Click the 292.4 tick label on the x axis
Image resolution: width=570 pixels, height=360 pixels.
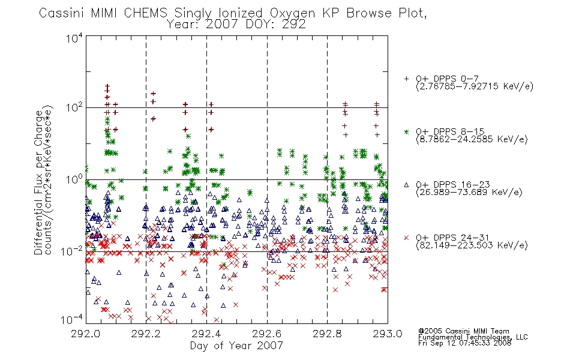pos(206,334)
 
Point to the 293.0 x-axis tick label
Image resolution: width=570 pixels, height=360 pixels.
pos(388,334)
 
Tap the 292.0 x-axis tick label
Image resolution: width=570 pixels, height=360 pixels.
pos(86,334)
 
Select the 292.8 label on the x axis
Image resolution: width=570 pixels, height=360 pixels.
pos(327,334)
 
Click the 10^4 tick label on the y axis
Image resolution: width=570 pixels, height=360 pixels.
pos(74,38)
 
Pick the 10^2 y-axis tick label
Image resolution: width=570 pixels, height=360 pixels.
pos(74,108)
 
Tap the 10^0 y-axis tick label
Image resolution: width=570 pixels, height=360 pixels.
pos(74,180)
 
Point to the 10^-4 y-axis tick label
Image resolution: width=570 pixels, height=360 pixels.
pos(72,320)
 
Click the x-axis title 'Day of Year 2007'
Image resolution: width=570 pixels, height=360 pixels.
pos(236,346)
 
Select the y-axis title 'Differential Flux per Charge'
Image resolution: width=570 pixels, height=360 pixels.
pos(39,183)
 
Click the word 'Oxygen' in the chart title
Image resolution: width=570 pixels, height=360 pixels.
pos(292,13)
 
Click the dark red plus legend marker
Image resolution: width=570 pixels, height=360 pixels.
pos(406,79)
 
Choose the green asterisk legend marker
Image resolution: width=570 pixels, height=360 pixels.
pos(406,131)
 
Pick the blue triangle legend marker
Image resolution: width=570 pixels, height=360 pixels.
pos(406,185)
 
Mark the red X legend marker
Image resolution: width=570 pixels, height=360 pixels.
pos(406,238)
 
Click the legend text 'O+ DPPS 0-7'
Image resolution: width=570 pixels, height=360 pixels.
pos(448,79)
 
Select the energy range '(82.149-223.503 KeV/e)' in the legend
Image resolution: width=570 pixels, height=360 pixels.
pos(472,245)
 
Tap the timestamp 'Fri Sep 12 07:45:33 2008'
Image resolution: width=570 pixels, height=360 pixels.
pos(464,343)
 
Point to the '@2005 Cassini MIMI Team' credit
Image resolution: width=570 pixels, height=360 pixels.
pos(463,331)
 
